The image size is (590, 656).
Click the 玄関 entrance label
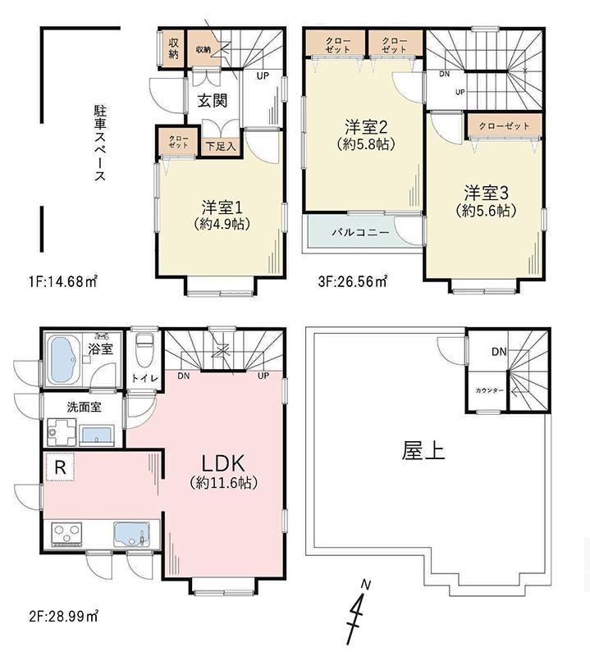pyautogui.click(x=213, y=100)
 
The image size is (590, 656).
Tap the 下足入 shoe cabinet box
pyautogui.click(x=221, y=147)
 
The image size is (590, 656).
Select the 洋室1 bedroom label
pyautogui.click(x=222, y=207)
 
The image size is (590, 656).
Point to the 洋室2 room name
pyautogui.click(x=365, y=126)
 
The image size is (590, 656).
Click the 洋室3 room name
pyautogui.click(x=486, y=193)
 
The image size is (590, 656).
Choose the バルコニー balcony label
pyautogui.click(x=360, y=233)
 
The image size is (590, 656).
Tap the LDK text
pyautogui.click(x=223, y=463)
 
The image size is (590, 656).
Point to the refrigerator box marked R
pyautogui.click(x=60, y=467)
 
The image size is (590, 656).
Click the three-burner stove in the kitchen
pyautogui.click(x=66, y=534)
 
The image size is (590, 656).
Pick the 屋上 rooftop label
pyautogui.click(x=423, y=452)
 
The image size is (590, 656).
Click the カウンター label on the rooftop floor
pyautogui.click(x=489, y=390)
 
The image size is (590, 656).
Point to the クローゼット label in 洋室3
pyautogui.click(x=504, y=125)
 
